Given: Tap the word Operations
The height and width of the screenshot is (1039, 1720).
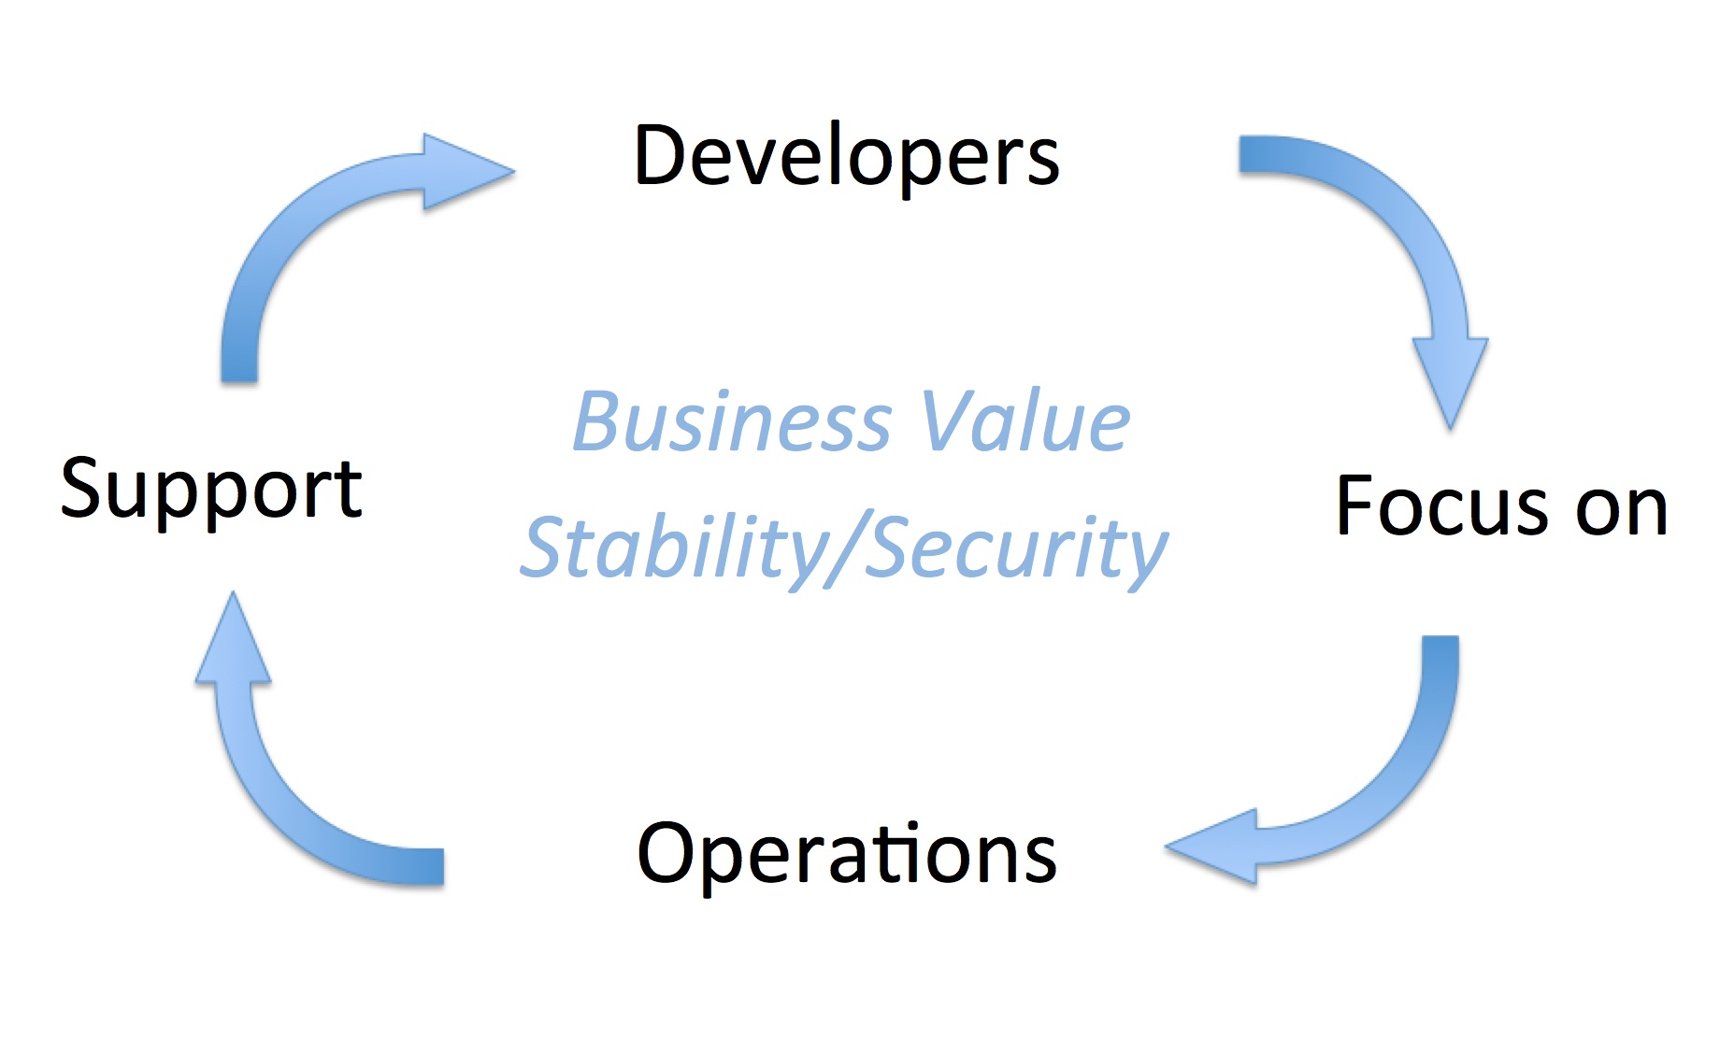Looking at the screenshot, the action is pyautogui.click(x=847, y=854).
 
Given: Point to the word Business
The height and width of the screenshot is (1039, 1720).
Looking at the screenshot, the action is pyautogui.click(x=733, y=421).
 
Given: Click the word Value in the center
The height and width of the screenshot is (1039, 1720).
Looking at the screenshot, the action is pyautogui.click(x=1025, y=421).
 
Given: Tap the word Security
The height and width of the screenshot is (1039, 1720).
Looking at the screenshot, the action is pyautogui.click(x=1017, y=549).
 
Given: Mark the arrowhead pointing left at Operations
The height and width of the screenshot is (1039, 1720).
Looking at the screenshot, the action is pyautogui.click(x=1211, y=847).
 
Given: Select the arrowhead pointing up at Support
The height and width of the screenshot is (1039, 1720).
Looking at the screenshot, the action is pyautogui.click(x=234, y=637).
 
